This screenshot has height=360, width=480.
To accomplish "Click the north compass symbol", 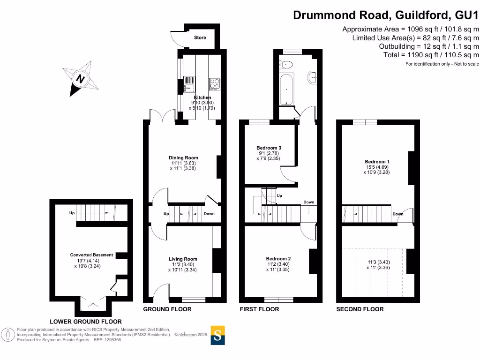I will point(81,78).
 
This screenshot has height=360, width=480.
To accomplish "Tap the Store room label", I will point(200,37).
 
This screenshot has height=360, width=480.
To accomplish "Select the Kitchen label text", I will point(202,97).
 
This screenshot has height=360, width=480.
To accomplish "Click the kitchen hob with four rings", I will point(215,84).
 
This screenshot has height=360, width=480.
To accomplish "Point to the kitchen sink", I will point(188,84).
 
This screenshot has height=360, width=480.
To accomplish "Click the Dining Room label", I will point(183,158).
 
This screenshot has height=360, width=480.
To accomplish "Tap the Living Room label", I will point(183,259).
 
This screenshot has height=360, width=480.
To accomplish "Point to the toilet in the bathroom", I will point(286,65).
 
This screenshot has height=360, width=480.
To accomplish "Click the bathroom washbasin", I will point(313,75).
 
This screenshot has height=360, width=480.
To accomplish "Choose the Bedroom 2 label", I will point(278,259).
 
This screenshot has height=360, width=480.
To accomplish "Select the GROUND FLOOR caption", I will point(167,309).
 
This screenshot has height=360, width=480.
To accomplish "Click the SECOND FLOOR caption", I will point(360,309).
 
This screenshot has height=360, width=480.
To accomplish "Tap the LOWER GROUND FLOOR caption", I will point(86,322).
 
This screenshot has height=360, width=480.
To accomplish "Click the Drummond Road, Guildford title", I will point(386,15).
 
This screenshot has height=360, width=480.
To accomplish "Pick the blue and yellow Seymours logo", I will point(218,335).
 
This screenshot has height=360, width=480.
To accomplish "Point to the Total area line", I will point(431,55).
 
